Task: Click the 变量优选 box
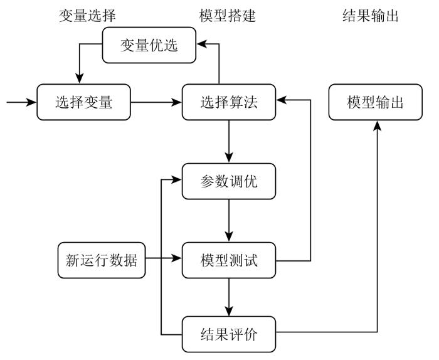coord(149,45)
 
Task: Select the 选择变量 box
coord(83,102)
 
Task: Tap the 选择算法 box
coord(229,102)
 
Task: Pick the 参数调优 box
coord(229,181)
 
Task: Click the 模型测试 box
coord(229,260)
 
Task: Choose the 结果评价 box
coord(229,334)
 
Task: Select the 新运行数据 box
coord(102,260)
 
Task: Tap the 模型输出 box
coord(375,102)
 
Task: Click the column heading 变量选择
coord(87,16)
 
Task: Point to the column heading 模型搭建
coord(227,16)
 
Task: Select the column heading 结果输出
coord(371,16)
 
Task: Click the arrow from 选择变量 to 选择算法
coord(156,102)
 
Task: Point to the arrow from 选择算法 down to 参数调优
coord(229,142)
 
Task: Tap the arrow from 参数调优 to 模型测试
coord(229,221)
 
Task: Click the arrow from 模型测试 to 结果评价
coord(229,297)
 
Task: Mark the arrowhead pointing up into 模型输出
coord(377,125)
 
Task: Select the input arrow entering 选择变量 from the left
coord(21,102)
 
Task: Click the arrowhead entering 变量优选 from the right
coord(201,44)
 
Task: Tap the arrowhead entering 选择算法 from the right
coord(281,100)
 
